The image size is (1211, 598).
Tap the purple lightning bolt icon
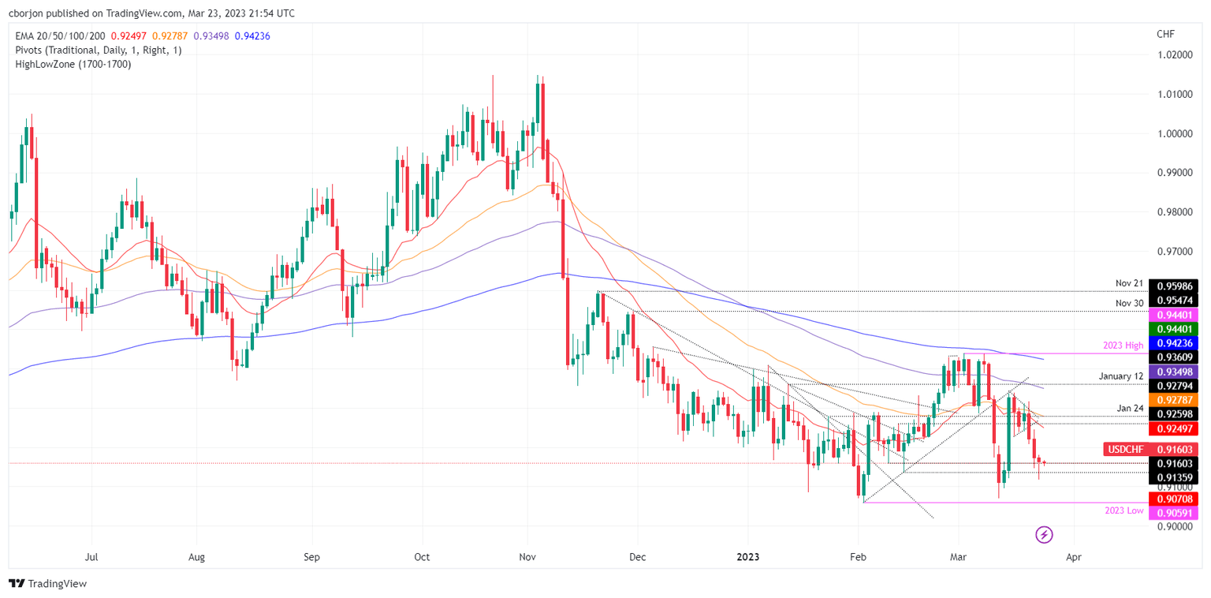1045,535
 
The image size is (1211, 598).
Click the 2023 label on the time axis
747,557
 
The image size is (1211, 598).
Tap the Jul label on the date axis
91,557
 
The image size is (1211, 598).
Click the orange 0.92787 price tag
1173,401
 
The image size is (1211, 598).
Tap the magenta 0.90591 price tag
1173,514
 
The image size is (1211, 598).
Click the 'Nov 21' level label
1128,282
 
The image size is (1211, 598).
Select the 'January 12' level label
1117,376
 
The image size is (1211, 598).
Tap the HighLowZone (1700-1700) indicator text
73,64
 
